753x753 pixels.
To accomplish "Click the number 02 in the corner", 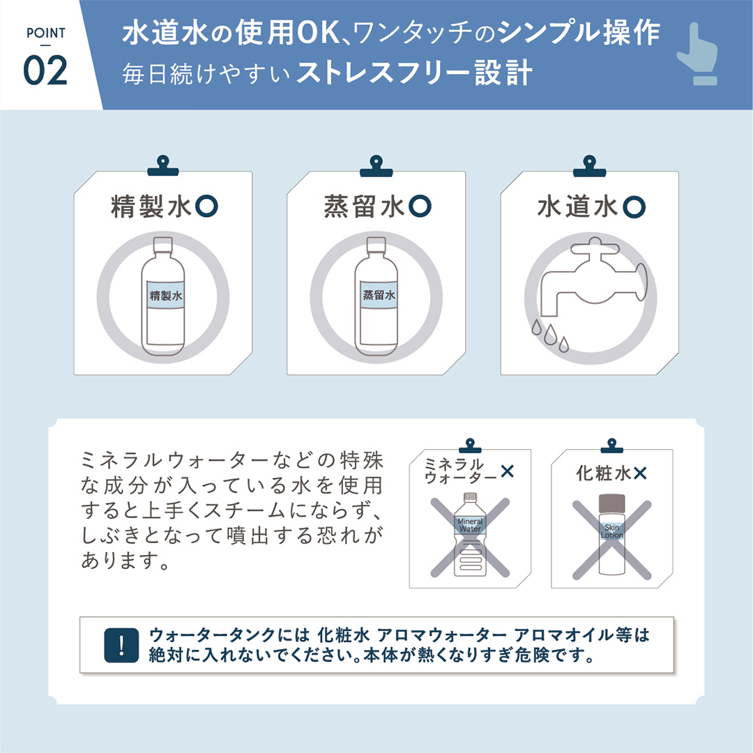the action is click(x=45, y=71).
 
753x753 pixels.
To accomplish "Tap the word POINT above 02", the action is click(x=45, y=33).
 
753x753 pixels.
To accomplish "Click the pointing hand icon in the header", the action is click(x=697, y=54).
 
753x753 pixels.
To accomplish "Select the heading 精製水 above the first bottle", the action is click(x=151, y=206).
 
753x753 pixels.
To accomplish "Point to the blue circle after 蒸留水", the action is click(x=420, y=206).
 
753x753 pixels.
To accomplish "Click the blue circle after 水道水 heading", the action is click(x=634, y=206).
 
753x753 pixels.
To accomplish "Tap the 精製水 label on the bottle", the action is click(x=166, y=296).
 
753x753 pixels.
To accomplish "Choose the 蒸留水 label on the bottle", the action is click(x=379, y=296).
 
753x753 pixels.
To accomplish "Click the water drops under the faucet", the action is click(x=550, y=335).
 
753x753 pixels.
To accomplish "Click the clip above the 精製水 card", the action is click(x=162, y=166).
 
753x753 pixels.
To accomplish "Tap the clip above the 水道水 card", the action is click(x=589, y=166).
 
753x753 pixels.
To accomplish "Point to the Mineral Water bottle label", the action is click(x=470, y=525).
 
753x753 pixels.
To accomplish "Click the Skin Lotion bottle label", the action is click(x=612, y=531).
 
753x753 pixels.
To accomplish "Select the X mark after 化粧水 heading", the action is click(x=640, y=474).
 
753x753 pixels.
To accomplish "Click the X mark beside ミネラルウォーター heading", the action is click(x=507, y=471).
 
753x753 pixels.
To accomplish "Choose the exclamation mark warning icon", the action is click(x=121, y=645).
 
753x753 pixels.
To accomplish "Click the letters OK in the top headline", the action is click(x=319, y=33).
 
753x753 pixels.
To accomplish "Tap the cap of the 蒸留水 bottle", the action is click(x=376, y=245).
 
